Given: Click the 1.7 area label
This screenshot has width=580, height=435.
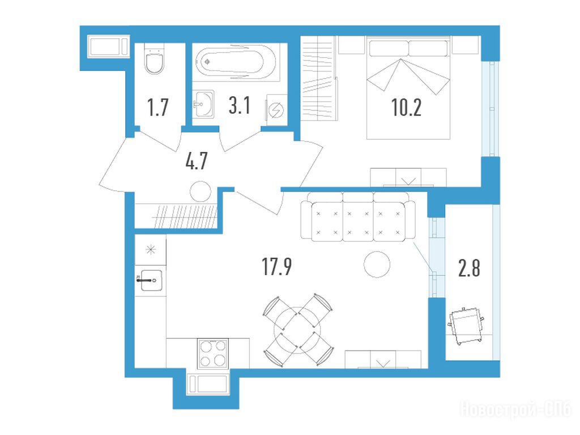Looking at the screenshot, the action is click(158, 107).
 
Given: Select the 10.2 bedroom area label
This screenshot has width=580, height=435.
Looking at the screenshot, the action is click(406, 108).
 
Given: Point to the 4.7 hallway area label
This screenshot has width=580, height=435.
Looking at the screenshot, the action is click(197, 161).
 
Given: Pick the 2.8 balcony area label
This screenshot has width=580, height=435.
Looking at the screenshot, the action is click(469, 268).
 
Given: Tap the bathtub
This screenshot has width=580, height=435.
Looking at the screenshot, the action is click(236, 62).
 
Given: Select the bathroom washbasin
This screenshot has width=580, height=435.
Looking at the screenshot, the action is click(203, 104).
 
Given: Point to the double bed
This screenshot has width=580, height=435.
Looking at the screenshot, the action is click(408, 88).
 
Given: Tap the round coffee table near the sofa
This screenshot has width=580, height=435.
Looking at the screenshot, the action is click(377, 265).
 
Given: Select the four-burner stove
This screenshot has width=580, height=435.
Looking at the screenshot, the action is click(213, 353).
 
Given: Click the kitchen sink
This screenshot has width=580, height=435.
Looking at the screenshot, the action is click(151, 280).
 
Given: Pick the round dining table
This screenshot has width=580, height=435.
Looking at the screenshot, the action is click(298, 330).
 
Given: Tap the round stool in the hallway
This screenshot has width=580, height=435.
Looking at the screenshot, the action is click(201, 191).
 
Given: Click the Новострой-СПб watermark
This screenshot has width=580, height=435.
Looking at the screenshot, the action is click(516, 409).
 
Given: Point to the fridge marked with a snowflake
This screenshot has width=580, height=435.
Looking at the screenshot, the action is click(150, 250).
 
